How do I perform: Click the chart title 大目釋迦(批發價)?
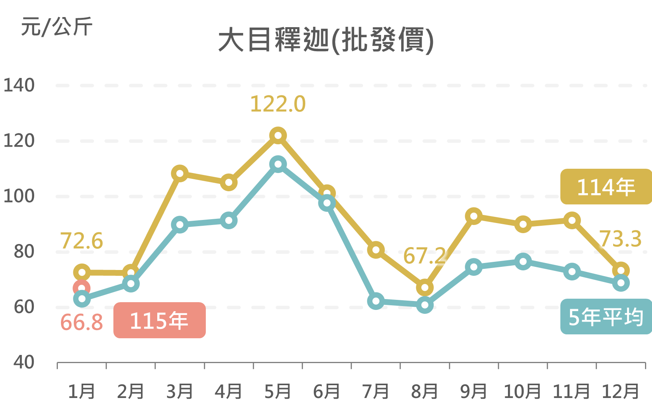325,40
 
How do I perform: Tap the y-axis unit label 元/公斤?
57,27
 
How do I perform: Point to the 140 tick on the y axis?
19,85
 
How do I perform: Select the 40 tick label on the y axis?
24,362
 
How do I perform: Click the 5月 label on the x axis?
278,391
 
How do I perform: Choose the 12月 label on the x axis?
620,391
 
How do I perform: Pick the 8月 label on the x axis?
424,391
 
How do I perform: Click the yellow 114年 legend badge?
606,187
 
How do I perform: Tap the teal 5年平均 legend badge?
606,317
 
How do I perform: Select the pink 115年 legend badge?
159,320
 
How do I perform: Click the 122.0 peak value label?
278,104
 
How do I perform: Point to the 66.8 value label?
82,322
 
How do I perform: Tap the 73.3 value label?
620,239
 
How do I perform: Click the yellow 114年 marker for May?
278,136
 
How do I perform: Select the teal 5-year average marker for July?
376,301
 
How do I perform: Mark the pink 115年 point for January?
82,288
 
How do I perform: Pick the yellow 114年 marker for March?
180,173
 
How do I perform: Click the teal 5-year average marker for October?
523,261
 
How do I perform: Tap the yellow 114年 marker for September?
474,216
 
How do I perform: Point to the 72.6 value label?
82,241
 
